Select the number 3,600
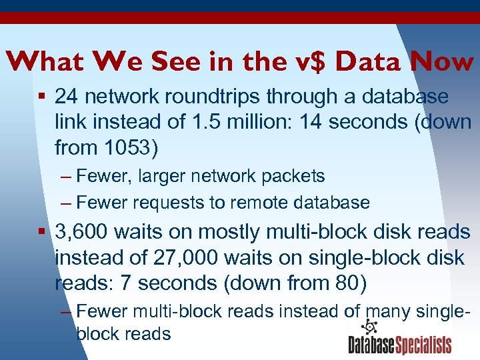(81, 232)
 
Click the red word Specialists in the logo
(424, 345)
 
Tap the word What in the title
(43, 62)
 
